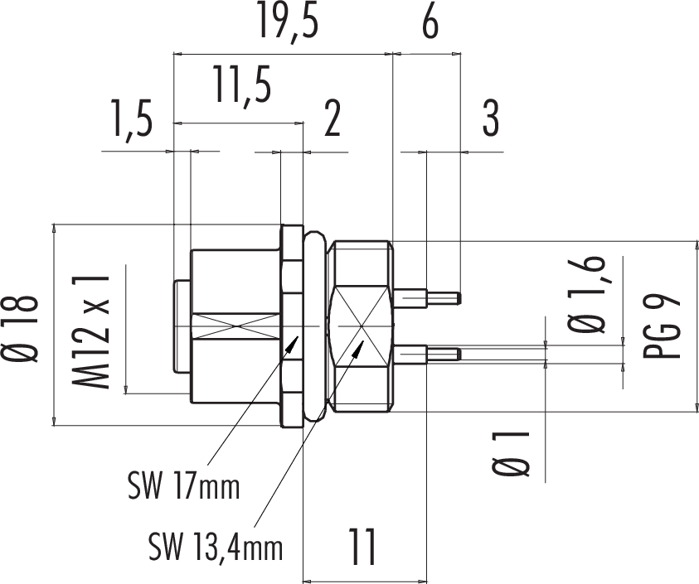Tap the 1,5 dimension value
coord(133,120)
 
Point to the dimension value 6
coord(430,22)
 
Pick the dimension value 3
coord(491,118)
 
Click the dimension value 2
coord(333,118)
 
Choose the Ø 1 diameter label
coord(512,454)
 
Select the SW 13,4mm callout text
coord(216,546)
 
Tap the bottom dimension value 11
coord(362,547)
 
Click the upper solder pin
coord(428,297)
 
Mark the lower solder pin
coord(428,355)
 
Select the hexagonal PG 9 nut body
coord(360,326)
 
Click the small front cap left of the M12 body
coord(182,326)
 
